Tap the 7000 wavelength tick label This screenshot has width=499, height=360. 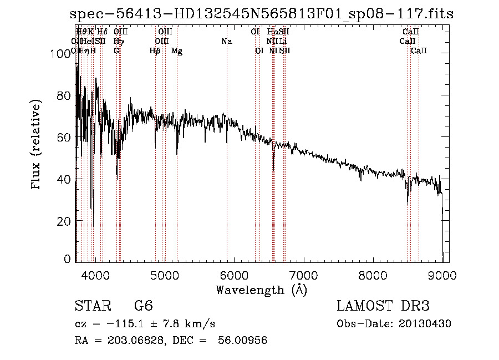303,275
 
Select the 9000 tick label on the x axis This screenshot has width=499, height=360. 442,275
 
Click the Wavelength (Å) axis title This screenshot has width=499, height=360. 261,290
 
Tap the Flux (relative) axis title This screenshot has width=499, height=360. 37,145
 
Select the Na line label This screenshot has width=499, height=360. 226,42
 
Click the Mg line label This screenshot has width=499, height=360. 177,51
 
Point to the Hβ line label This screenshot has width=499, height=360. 155,51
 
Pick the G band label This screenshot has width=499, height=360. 116,51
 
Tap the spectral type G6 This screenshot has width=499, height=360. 143,306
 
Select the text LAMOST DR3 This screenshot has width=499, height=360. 383,306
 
